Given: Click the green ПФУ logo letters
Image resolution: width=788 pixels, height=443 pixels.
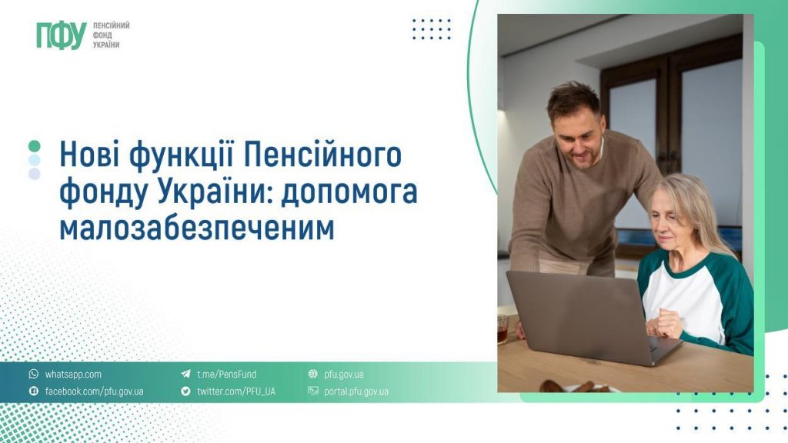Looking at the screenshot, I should (60, 35).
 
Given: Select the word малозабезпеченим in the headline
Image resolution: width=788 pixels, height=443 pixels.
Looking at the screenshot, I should (197, 228).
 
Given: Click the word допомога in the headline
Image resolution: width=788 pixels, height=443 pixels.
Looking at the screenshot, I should (349, 192).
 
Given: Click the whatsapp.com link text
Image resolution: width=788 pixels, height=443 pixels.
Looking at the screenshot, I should (73, 375).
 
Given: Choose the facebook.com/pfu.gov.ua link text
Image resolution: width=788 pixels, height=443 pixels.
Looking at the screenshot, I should (94, 391).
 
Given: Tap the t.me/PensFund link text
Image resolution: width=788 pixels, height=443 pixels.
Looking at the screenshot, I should (226, 375).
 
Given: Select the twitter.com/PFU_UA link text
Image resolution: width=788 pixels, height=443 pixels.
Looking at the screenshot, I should (235, 391).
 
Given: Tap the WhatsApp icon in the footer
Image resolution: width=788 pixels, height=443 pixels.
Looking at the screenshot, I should (33, 375).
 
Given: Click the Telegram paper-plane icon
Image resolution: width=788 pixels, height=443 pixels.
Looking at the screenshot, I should (185, 375).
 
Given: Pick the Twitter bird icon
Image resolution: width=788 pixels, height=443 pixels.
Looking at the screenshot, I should (185, 391).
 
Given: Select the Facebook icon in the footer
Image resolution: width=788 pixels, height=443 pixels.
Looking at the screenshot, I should (33, 391).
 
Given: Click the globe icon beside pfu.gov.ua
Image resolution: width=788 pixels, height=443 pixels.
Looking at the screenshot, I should (313, 375).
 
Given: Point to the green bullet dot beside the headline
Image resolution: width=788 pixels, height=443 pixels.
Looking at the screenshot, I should (34, 145).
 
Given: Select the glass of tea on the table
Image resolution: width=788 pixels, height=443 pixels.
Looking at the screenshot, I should (503, 328).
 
